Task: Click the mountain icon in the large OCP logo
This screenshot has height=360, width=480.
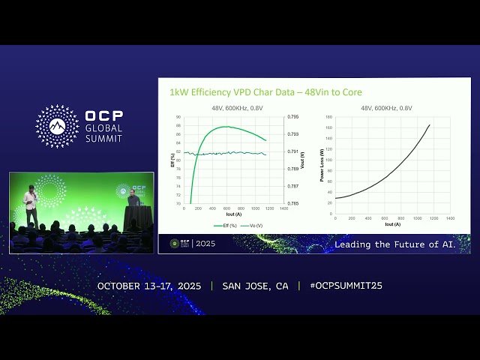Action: [x=57, y=126]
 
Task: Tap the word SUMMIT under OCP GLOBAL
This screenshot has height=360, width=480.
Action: [x=104, y=139]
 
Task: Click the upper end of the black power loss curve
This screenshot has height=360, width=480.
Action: [x=429, y=124]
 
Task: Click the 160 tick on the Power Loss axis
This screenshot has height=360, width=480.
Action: [x=328, y=127]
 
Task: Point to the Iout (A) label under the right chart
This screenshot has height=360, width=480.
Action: [x=392, y=224]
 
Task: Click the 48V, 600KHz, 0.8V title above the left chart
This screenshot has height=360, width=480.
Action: [x=237, y=108]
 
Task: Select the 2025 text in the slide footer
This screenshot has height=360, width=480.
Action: [x=205, y=244]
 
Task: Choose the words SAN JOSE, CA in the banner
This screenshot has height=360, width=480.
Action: [x=255, y=286]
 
